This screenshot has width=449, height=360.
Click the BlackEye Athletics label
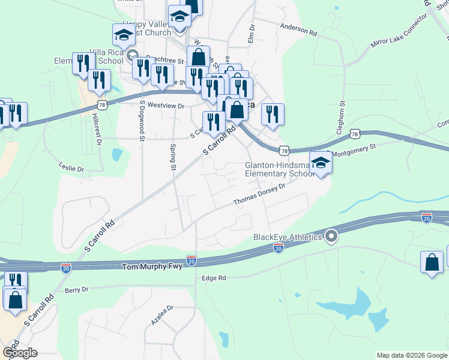288,237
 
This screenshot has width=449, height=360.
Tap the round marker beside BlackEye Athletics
331,236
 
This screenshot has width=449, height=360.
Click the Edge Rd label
214,278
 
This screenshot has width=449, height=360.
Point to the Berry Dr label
76,290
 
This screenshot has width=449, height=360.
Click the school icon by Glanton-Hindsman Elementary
321,163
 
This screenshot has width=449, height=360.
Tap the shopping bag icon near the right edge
432,262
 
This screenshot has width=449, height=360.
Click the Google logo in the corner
20,353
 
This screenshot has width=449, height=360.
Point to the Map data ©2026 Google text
412,355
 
